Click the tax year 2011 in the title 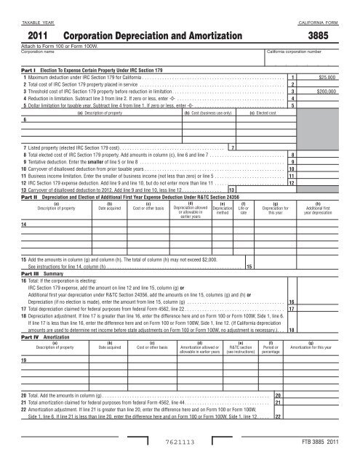pyautogui.click(x=36, y=35)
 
